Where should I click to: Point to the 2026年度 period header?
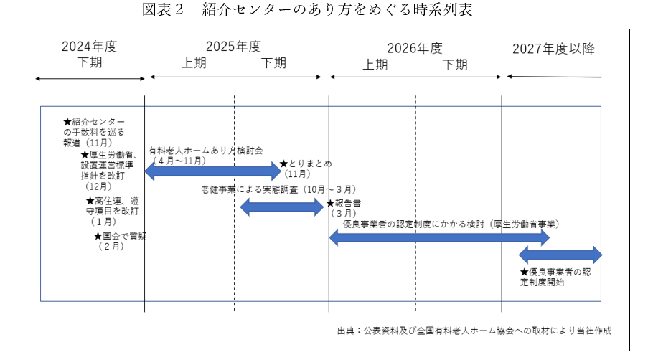(x=415, y=49)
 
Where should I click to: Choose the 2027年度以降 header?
(x=553, y=49)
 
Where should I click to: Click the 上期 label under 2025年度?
(x=194, y=63)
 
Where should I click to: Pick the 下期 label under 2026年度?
(x=455, y=65)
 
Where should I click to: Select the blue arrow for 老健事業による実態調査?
(x=281, y=207)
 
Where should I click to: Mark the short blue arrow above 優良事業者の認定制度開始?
(x=560, y=254)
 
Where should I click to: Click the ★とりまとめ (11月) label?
(x=305, y=169)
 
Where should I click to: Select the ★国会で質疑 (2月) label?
(x=119, y=241)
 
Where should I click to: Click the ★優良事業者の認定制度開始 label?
(x=555, y=278)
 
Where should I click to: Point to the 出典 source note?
(x=474, y=331)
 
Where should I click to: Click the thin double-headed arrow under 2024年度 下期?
(x=90, y=78)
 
